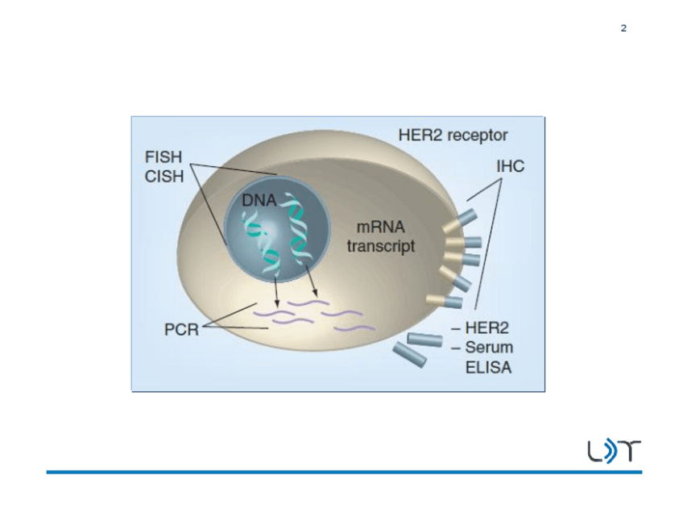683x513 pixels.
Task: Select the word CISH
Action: [x=163, y=177]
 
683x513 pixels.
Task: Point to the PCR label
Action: [x=182, y=331]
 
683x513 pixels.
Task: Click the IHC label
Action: [x=510, y=166]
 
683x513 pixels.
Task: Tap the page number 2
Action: [x=623, y=29]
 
